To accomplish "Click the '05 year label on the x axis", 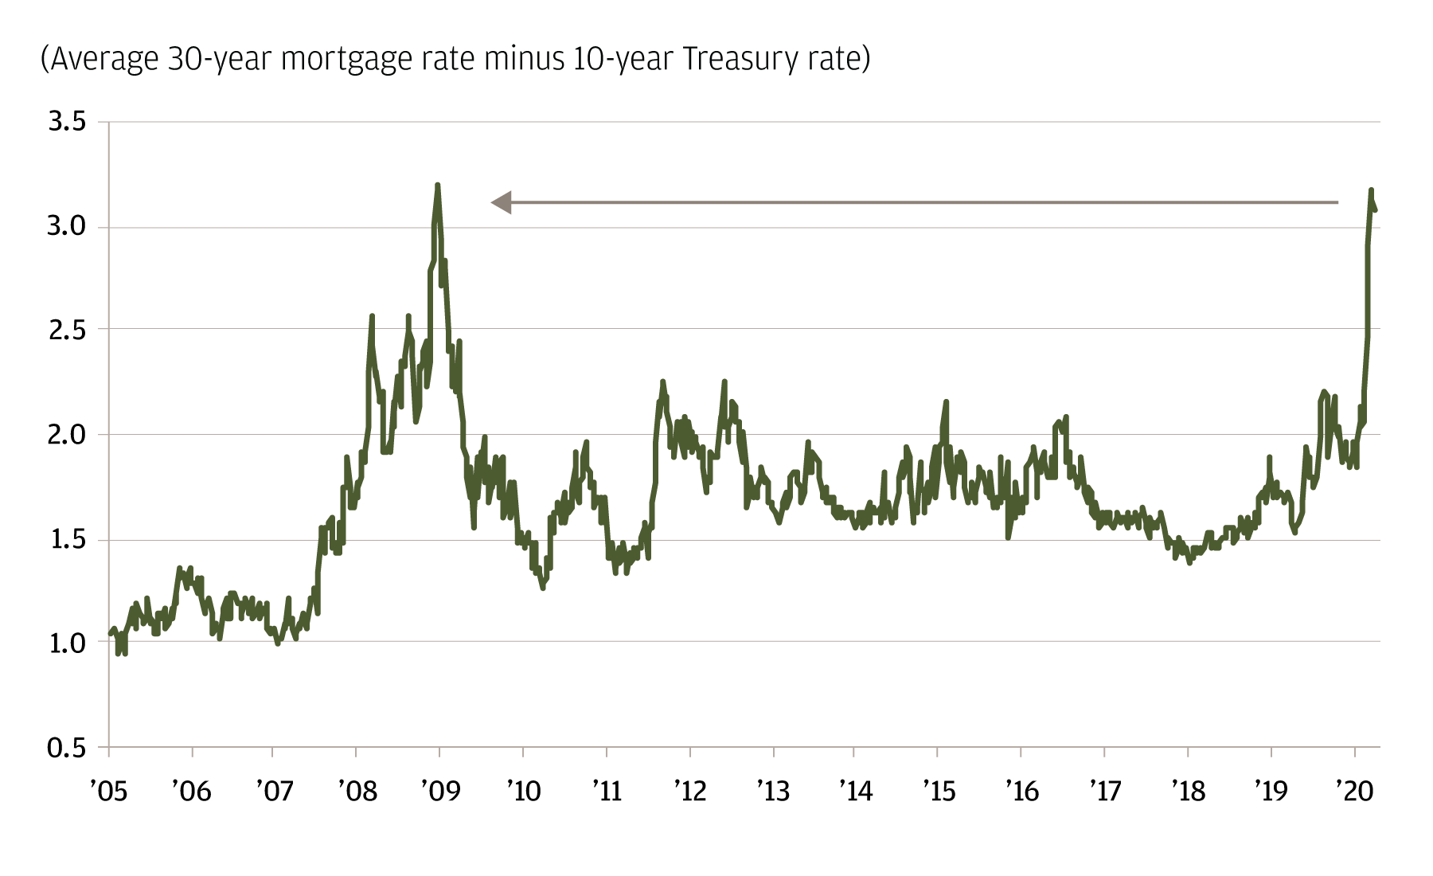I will [x=108, y=791].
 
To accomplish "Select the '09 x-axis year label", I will [x=439, y=791].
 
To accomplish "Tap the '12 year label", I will [x=689, y=791].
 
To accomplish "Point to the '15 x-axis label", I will [x=939, y=791].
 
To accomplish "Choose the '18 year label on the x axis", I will [x=1188, y=791].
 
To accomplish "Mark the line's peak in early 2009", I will [x=438, y=186].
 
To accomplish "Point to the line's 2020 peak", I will [x=1371, y=190].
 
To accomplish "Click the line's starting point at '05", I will [x=110, y=634].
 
